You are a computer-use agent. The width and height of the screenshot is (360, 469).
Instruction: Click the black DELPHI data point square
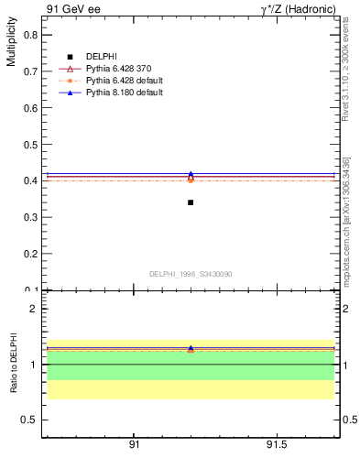pyautogui.click(x=191, y=202)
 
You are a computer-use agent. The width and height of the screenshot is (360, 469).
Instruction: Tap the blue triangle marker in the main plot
pyautogui.click(x=191, y=174)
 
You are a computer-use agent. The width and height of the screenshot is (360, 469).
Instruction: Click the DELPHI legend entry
pyautogui.click(x=101, y=57)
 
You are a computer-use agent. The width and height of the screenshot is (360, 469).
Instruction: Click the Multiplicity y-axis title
pyautogui.click(x=11, y=45)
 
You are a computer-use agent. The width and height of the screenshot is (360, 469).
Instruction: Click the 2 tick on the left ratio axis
pyautogui.click(x=34, y=309)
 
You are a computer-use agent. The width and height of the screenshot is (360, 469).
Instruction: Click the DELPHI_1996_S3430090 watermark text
pyautogui.click(x=190, y=274)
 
